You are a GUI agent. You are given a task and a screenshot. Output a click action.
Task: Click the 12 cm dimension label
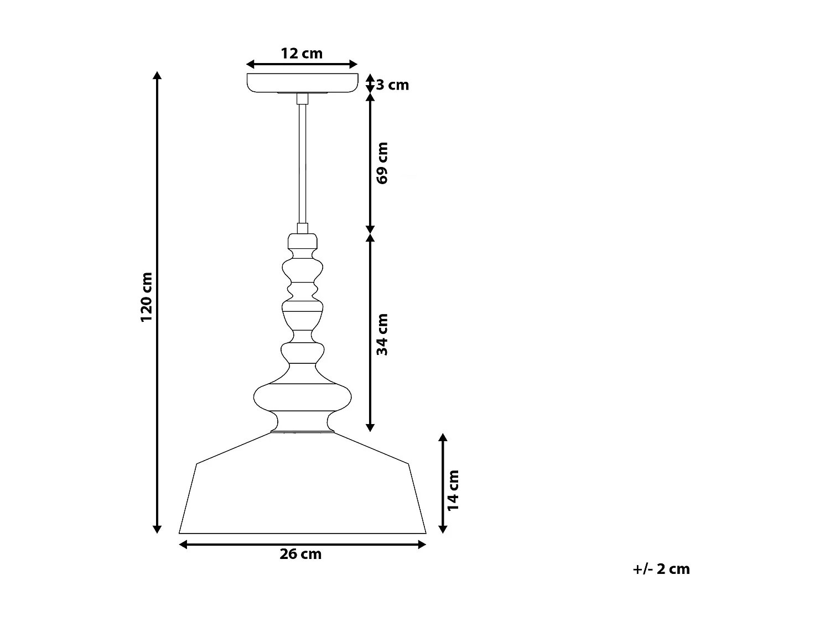pos(302,54)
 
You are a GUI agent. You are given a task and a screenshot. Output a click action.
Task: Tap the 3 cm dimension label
pos(392,85)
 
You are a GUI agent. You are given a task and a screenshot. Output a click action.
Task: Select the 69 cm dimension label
pos(382,163)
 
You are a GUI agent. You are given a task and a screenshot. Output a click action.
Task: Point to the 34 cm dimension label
pos(382,334)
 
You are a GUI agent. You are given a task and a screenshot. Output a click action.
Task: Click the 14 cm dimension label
pos(454,490)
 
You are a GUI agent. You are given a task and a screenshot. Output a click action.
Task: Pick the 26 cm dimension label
pos(300,554)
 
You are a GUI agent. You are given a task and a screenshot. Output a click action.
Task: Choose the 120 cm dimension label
pos(146,297)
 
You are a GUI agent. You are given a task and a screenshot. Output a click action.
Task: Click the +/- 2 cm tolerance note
pos(661,569)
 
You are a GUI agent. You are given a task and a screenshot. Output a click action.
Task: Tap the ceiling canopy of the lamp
pos(302,82)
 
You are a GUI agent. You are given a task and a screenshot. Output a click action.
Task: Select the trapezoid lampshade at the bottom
pos(302,492)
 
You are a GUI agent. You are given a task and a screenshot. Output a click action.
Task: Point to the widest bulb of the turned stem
pos(302,396)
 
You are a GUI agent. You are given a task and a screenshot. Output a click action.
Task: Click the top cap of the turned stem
pos(302,241)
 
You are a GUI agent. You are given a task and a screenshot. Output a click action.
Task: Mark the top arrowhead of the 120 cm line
pos(158,76)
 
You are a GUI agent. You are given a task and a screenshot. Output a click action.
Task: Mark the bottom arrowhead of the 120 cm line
pos(158,529)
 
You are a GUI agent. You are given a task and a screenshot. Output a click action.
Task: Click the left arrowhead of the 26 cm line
pos(184,545)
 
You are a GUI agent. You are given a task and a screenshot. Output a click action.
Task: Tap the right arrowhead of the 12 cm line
pos(354,65)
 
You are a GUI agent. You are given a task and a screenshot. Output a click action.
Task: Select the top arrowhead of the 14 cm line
pos(442,437)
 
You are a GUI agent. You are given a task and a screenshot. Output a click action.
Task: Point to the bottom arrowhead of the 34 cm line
pos(370,427)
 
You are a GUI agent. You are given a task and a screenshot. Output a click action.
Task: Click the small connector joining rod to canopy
pos(302,99)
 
